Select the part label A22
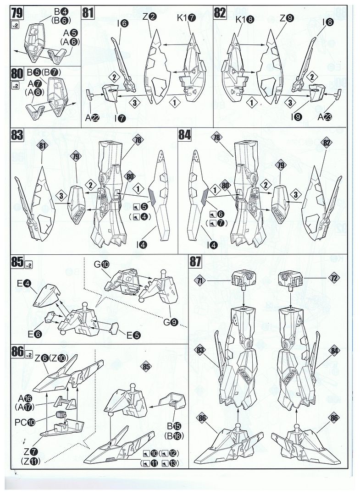tap(92, 117)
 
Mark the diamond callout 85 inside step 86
tap(146, 367)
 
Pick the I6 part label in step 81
tap(122, 22)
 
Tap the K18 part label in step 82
tap(244, 20)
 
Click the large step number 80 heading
tap(17, 73)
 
